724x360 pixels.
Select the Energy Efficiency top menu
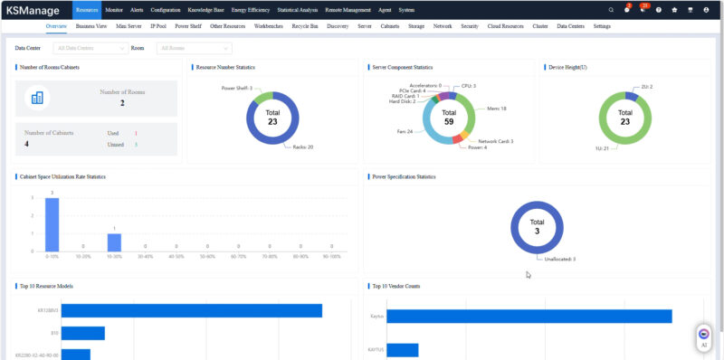tap(251, 9)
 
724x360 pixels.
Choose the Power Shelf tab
tap(188, 27)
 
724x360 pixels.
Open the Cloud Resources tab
tap(505, 27)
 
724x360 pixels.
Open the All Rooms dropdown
tap(194, 47)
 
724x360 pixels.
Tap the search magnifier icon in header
tap(611, 10)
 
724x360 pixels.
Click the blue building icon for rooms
tap(38, 98)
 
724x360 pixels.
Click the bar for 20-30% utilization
tap(114, 242)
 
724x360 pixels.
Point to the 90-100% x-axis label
tap(332, 257)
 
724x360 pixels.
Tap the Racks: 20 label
tap(303, 146)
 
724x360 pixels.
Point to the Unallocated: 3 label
tap(560, 259)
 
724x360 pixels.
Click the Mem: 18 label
tap(497, 108)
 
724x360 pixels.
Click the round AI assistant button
tap(704, 336)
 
